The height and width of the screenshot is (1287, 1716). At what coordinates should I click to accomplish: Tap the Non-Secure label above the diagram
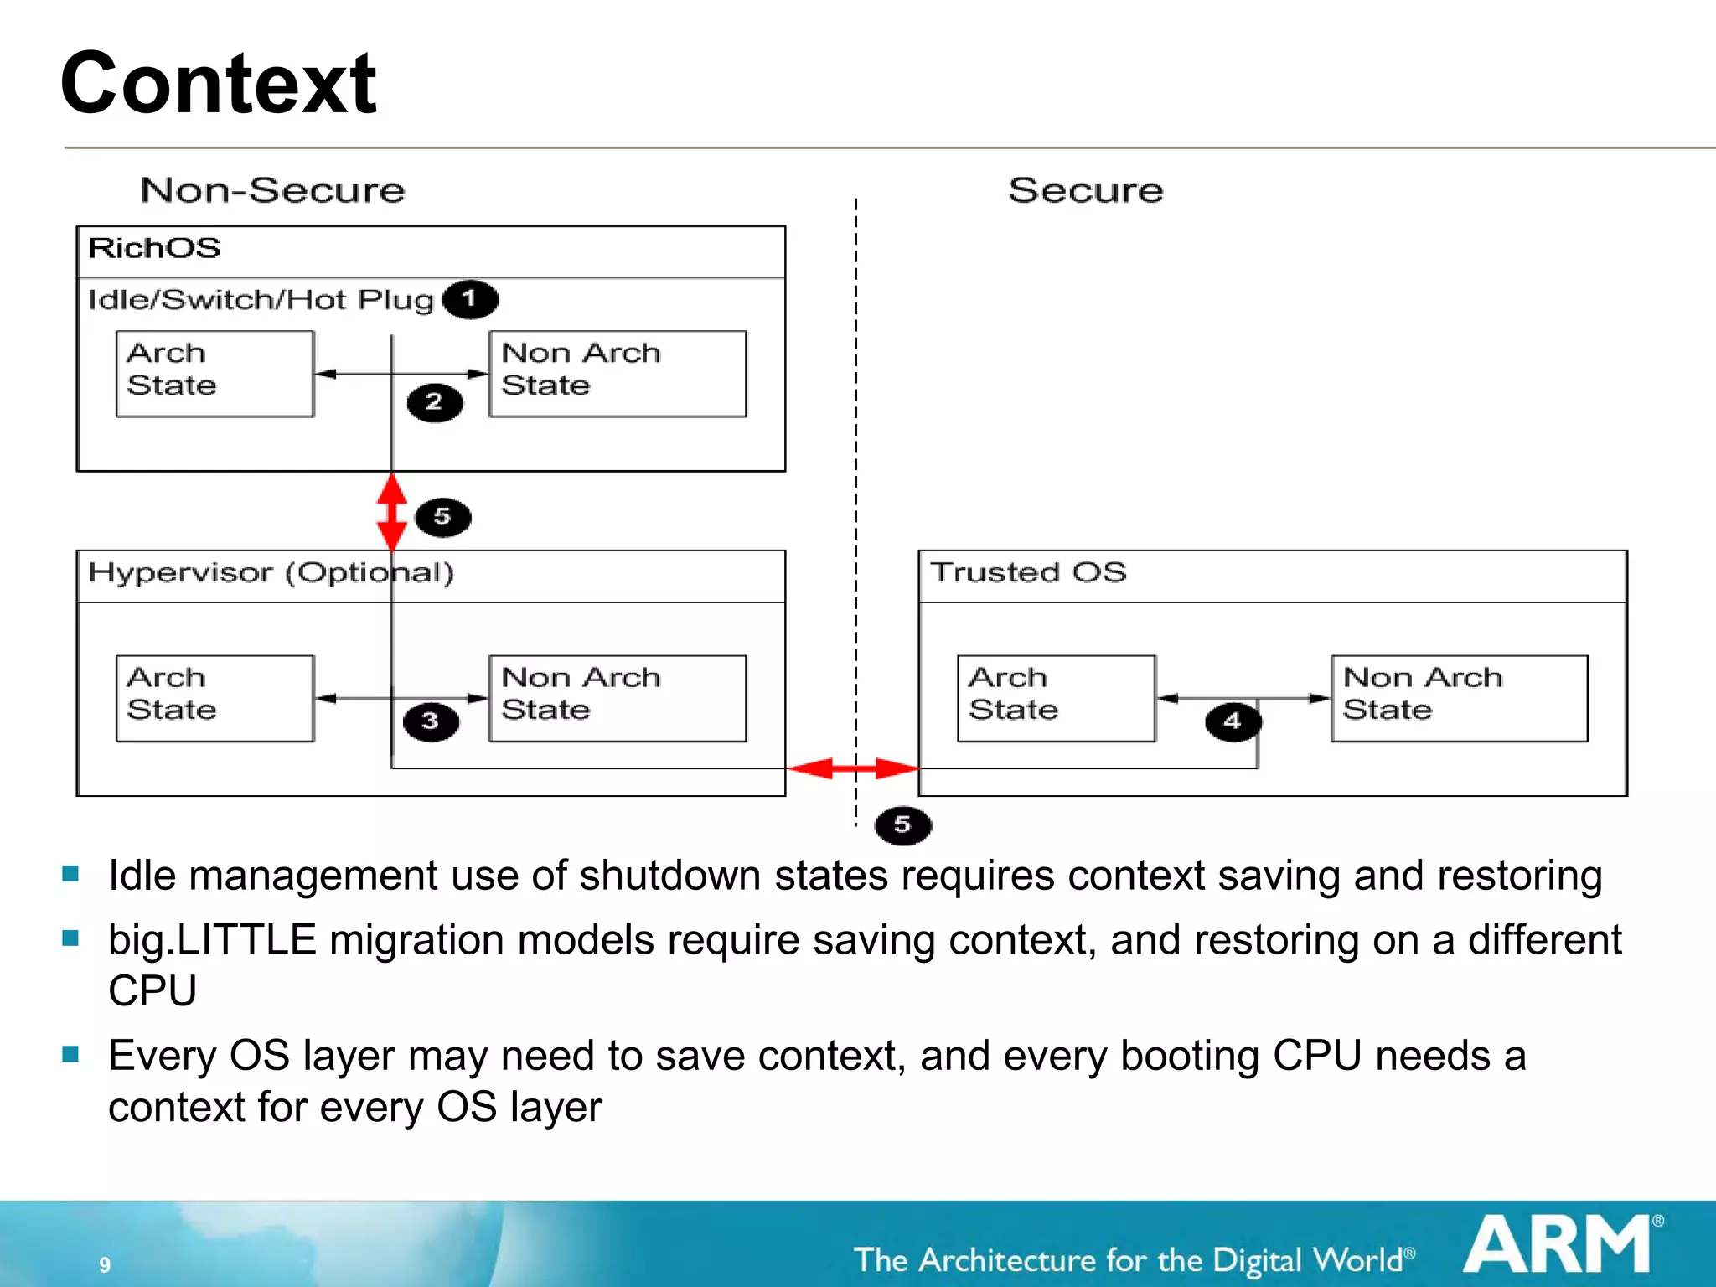click(272, 190)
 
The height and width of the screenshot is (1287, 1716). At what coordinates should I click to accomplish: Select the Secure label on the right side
click(1085, 190)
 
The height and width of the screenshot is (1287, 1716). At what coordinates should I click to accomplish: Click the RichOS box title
click(154, 248)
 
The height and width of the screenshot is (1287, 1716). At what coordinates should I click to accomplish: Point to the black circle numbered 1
click(470, 299)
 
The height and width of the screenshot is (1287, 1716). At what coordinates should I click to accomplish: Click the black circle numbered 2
click(435, 403)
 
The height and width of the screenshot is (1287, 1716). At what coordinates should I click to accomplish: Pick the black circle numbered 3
click(431, 721)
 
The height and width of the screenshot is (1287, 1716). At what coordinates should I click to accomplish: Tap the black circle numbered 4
click(1233, 721)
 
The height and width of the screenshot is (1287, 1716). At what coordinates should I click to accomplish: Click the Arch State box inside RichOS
click(214, 373)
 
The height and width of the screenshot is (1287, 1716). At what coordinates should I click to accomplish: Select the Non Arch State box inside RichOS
click(618, 373)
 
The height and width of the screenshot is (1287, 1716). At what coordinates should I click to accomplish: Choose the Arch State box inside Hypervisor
click(214, 697)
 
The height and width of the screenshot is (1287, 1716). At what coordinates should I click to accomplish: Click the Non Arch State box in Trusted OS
click(1459, 697)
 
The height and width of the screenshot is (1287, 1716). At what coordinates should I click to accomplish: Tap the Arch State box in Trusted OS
click(1056, 697)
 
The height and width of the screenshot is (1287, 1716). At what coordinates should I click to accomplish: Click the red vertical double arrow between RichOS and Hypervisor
click(392, 511)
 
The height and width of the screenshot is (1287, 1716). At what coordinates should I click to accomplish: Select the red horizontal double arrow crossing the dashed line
click(854, 768)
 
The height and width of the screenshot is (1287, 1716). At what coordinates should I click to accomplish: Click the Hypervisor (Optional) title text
click(271, 573)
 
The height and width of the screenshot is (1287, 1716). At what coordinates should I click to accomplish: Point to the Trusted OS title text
click(1028, 573)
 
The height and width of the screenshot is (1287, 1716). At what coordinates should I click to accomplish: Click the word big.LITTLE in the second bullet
click(212, 940)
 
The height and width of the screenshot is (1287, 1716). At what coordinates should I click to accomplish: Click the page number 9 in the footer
click(105, 1264)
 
